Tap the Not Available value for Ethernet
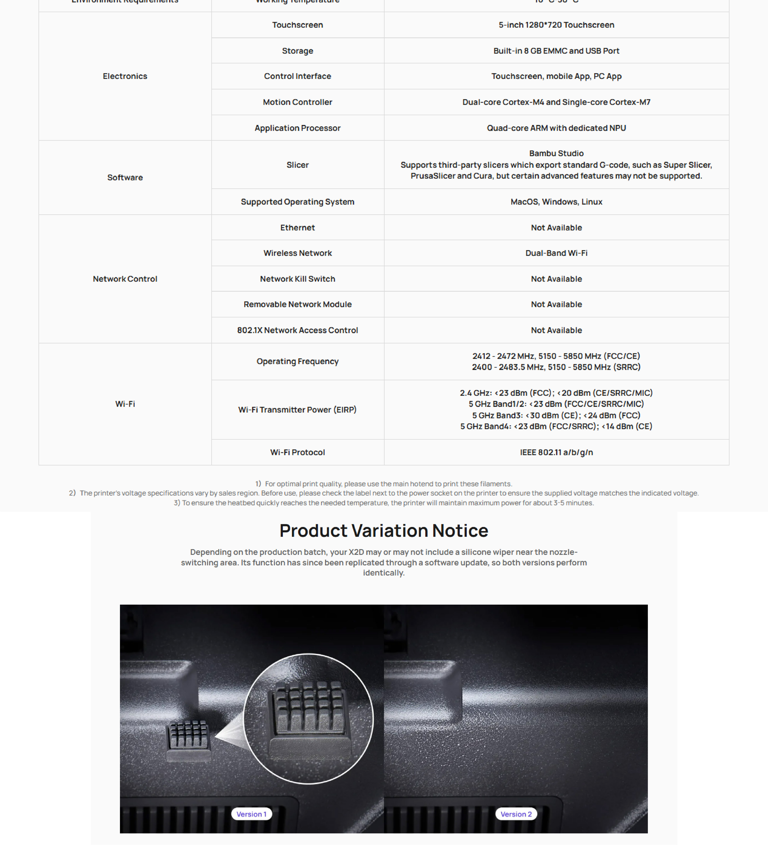tap(556, 228)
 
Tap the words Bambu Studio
tap(556, 153)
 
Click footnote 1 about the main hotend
tap(384, 484)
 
